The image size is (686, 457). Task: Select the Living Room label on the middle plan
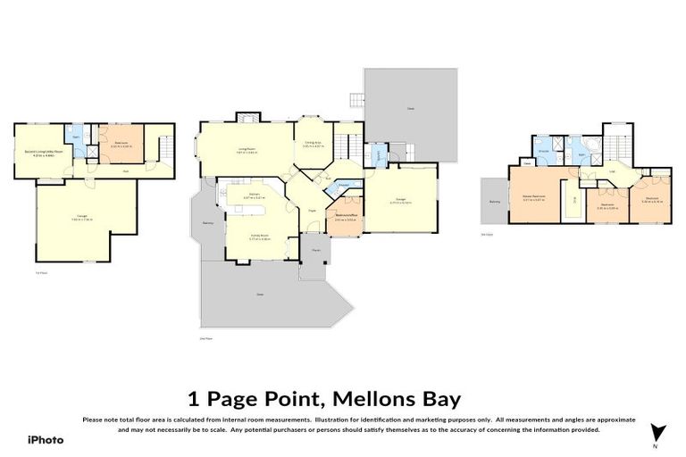tap(246, 150)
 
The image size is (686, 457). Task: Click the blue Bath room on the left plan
tap(76, 138)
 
